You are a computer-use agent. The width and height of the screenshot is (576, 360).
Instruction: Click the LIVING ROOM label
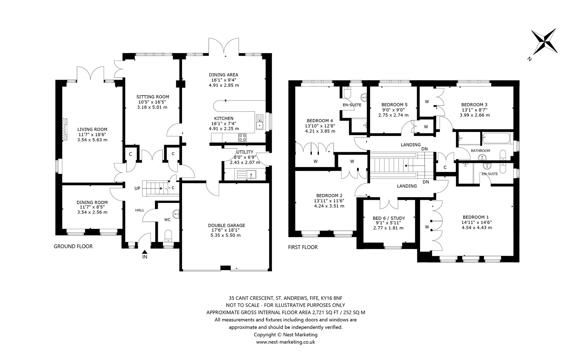point(92,129)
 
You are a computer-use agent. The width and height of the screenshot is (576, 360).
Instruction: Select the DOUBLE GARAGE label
point(226,225)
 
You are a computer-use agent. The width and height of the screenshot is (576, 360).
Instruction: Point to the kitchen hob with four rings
point(243,137)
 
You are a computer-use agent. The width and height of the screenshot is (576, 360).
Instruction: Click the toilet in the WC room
point(168,235)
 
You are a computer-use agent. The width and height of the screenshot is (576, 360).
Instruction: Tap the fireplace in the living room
point(65,129)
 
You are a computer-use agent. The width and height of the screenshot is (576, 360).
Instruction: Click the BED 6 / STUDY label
point(389,218)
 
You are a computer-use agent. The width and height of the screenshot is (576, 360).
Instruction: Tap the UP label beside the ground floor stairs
point(137,188)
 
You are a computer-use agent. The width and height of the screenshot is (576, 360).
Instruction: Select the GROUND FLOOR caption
point(73,247)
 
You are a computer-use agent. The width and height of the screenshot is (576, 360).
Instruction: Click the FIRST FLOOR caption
point(303,247)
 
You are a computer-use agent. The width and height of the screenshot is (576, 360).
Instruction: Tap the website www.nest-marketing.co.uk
point(285,342)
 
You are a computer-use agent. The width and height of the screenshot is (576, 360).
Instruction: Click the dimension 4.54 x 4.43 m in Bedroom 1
point(477,227)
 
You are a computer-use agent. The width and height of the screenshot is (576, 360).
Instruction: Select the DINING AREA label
point(224,75)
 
